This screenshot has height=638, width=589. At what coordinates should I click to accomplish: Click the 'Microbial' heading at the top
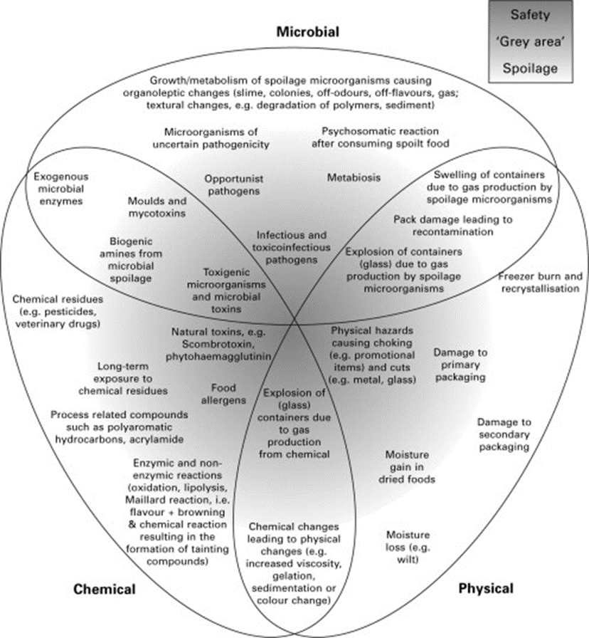pyautogui.click(x=308, y=31)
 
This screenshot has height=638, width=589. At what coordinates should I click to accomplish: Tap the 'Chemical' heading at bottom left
pyautogui.click(x=105, y=589)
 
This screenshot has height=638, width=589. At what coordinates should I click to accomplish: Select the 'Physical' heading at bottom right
pyautogui.click(x=486, y=589)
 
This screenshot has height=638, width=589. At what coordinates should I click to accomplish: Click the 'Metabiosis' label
pyautogui.click(x=353, y=177)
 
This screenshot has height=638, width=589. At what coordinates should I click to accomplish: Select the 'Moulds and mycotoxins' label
pyautogui.click(x=157, y=206)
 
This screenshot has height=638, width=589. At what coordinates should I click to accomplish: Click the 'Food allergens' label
pyautogui.click(x=228, y=394)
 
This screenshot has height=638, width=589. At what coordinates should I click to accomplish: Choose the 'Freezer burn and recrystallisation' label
pyautogui.click(x=538, y=282)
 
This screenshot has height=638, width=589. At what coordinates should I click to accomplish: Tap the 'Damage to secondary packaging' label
pyautogui.click(x=504, y=434)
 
